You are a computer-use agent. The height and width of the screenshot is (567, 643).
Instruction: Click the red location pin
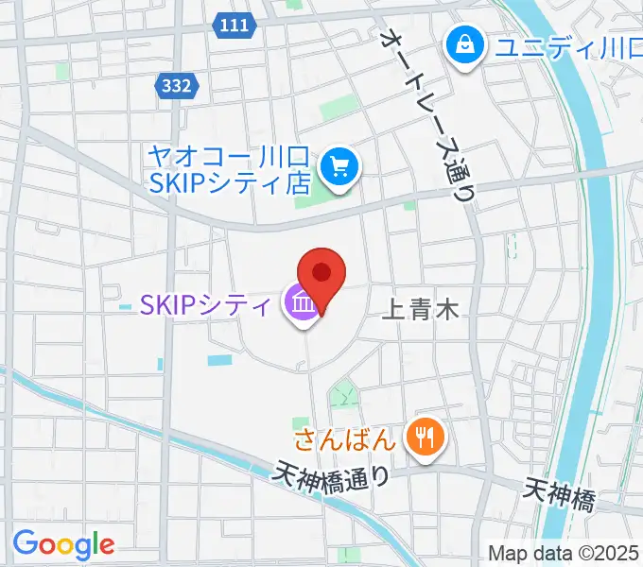(321, 274)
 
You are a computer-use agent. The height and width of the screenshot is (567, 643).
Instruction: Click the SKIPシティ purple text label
(207, 304)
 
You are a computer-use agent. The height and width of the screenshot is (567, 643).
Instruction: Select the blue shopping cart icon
(339, 168)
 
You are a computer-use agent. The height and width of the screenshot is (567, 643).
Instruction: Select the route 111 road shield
(232, 26)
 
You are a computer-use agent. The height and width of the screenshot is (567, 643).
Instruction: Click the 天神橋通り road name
(333, 473)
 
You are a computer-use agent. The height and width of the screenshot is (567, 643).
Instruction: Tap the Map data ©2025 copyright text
(564, 552)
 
